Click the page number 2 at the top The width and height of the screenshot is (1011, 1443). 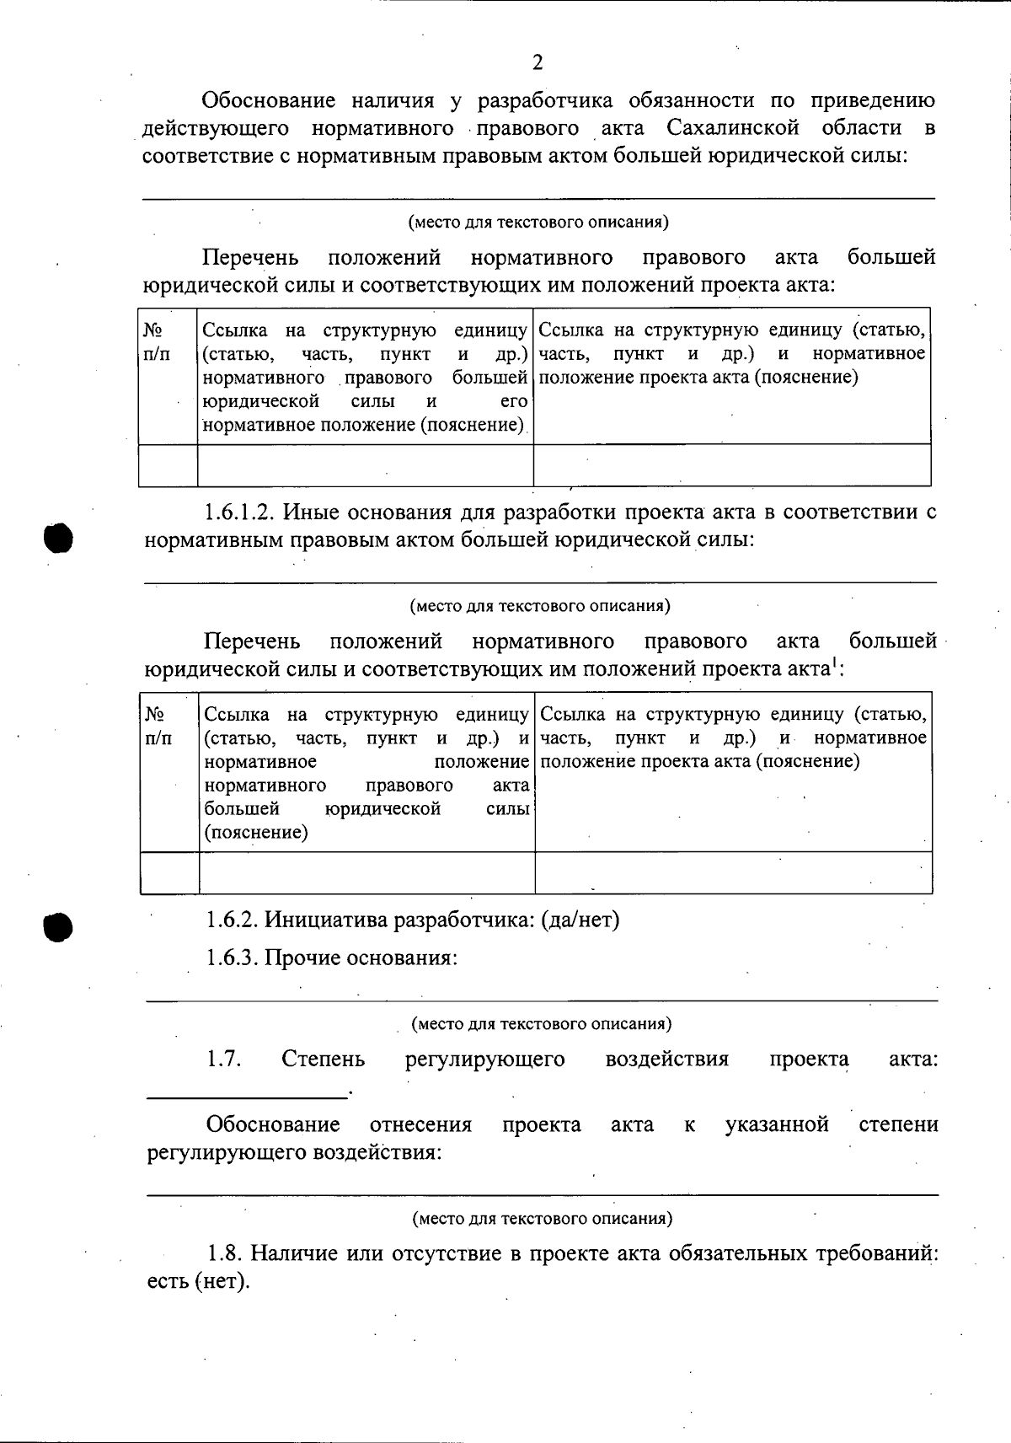pyautogui.click(x=538, y=63)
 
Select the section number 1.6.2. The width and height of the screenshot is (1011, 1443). pyautogui.click(x=232, y=920)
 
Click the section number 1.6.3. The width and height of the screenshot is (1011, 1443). pyautogui.click(x=232, y=958)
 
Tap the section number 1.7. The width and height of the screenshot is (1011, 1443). pyautogui.click(x=224, y=1059)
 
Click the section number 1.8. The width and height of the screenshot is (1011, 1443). pyautogui.click(x=226, y=1253)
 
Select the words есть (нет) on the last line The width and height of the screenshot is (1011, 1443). pyautogui.click(x=198, y=1283)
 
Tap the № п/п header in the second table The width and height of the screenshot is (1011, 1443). pyautogui.click(x=158, y=727)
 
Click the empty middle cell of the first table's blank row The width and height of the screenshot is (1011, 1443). pyautogui.click(x=366, y=466)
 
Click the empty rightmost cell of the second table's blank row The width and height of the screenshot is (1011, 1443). pyautogui.click(x=733, y=872)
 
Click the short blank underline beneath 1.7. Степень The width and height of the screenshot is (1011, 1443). pyautogui.click(x=248, y=1095)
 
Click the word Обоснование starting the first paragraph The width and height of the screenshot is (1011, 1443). pyautogui.click(x=270, y=101)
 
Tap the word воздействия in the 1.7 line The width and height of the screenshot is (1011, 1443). pyautogui.click(x=666, y=1059)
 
